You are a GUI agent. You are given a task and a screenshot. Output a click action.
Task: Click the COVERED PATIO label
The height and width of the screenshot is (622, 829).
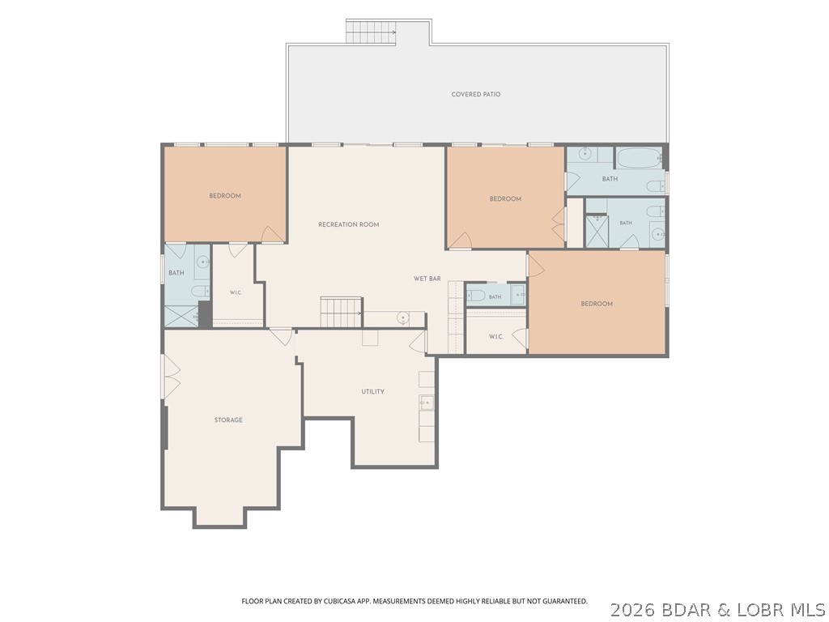476,94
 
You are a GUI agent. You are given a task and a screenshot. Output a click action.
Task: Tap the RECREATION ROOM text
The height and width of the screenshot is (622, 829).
348,224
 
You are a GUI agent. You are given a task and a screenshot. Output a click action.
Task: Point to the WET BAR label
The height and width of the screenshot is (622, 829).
427,279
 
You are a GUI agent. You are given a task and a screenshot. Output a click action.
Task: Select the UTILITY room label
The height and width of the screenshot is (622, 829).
372,391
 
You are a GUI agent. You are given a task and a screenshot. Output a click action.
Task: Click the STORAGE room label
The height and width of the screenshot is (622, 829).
228,420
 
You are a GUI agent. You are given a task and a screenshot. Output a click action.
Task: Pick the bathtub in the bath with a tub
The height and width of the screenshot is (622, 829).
638,158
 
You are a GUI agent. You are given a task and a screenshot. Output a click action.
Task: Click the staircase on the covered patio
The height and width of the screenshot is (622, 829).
371,32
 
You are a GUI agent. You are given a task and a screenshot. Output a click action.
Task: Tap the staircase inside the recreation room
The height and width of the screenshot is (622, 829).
341,313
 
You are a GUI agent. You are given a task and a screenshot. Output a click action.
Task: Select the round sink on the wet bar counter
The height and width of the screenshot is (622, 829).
403,317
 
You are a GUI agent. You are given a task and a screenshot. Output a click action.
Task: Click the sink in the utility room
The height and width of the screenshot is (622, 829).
426,403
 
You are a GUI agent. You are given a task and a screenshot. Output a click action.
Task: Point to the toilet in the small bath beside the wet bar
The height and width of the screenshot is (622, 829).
476,296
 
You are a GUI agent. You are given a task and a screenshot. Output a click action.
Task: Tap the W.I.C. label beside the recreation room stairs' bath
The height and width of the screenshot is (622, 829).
236,292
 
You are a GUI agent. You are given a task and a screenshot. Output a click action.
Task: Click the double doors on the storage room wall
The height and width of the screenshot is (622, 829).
171,377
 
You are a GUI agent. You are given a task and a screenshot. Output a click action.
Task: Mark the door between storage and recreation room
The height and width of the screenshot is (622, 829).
281,336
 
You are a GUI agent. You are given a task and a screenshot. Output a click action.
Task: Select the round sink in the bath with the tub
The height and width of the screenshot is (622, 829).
585,154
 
